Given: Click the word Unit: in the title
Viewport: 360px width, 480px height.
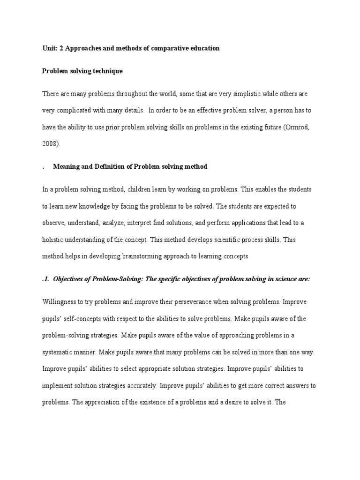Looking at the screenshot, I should coord(50,48).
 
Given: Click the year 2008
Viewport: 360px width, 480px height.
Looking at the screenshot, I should coord(50,144).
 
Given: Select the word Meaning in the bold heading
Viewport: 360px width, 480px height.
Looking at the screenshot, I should coord(66,167).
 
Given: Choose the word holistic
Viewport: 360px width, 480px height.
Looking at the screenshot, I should coord(52,240).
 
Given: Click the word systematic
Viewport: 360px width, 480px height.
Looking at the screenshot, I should coord(59,352).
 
